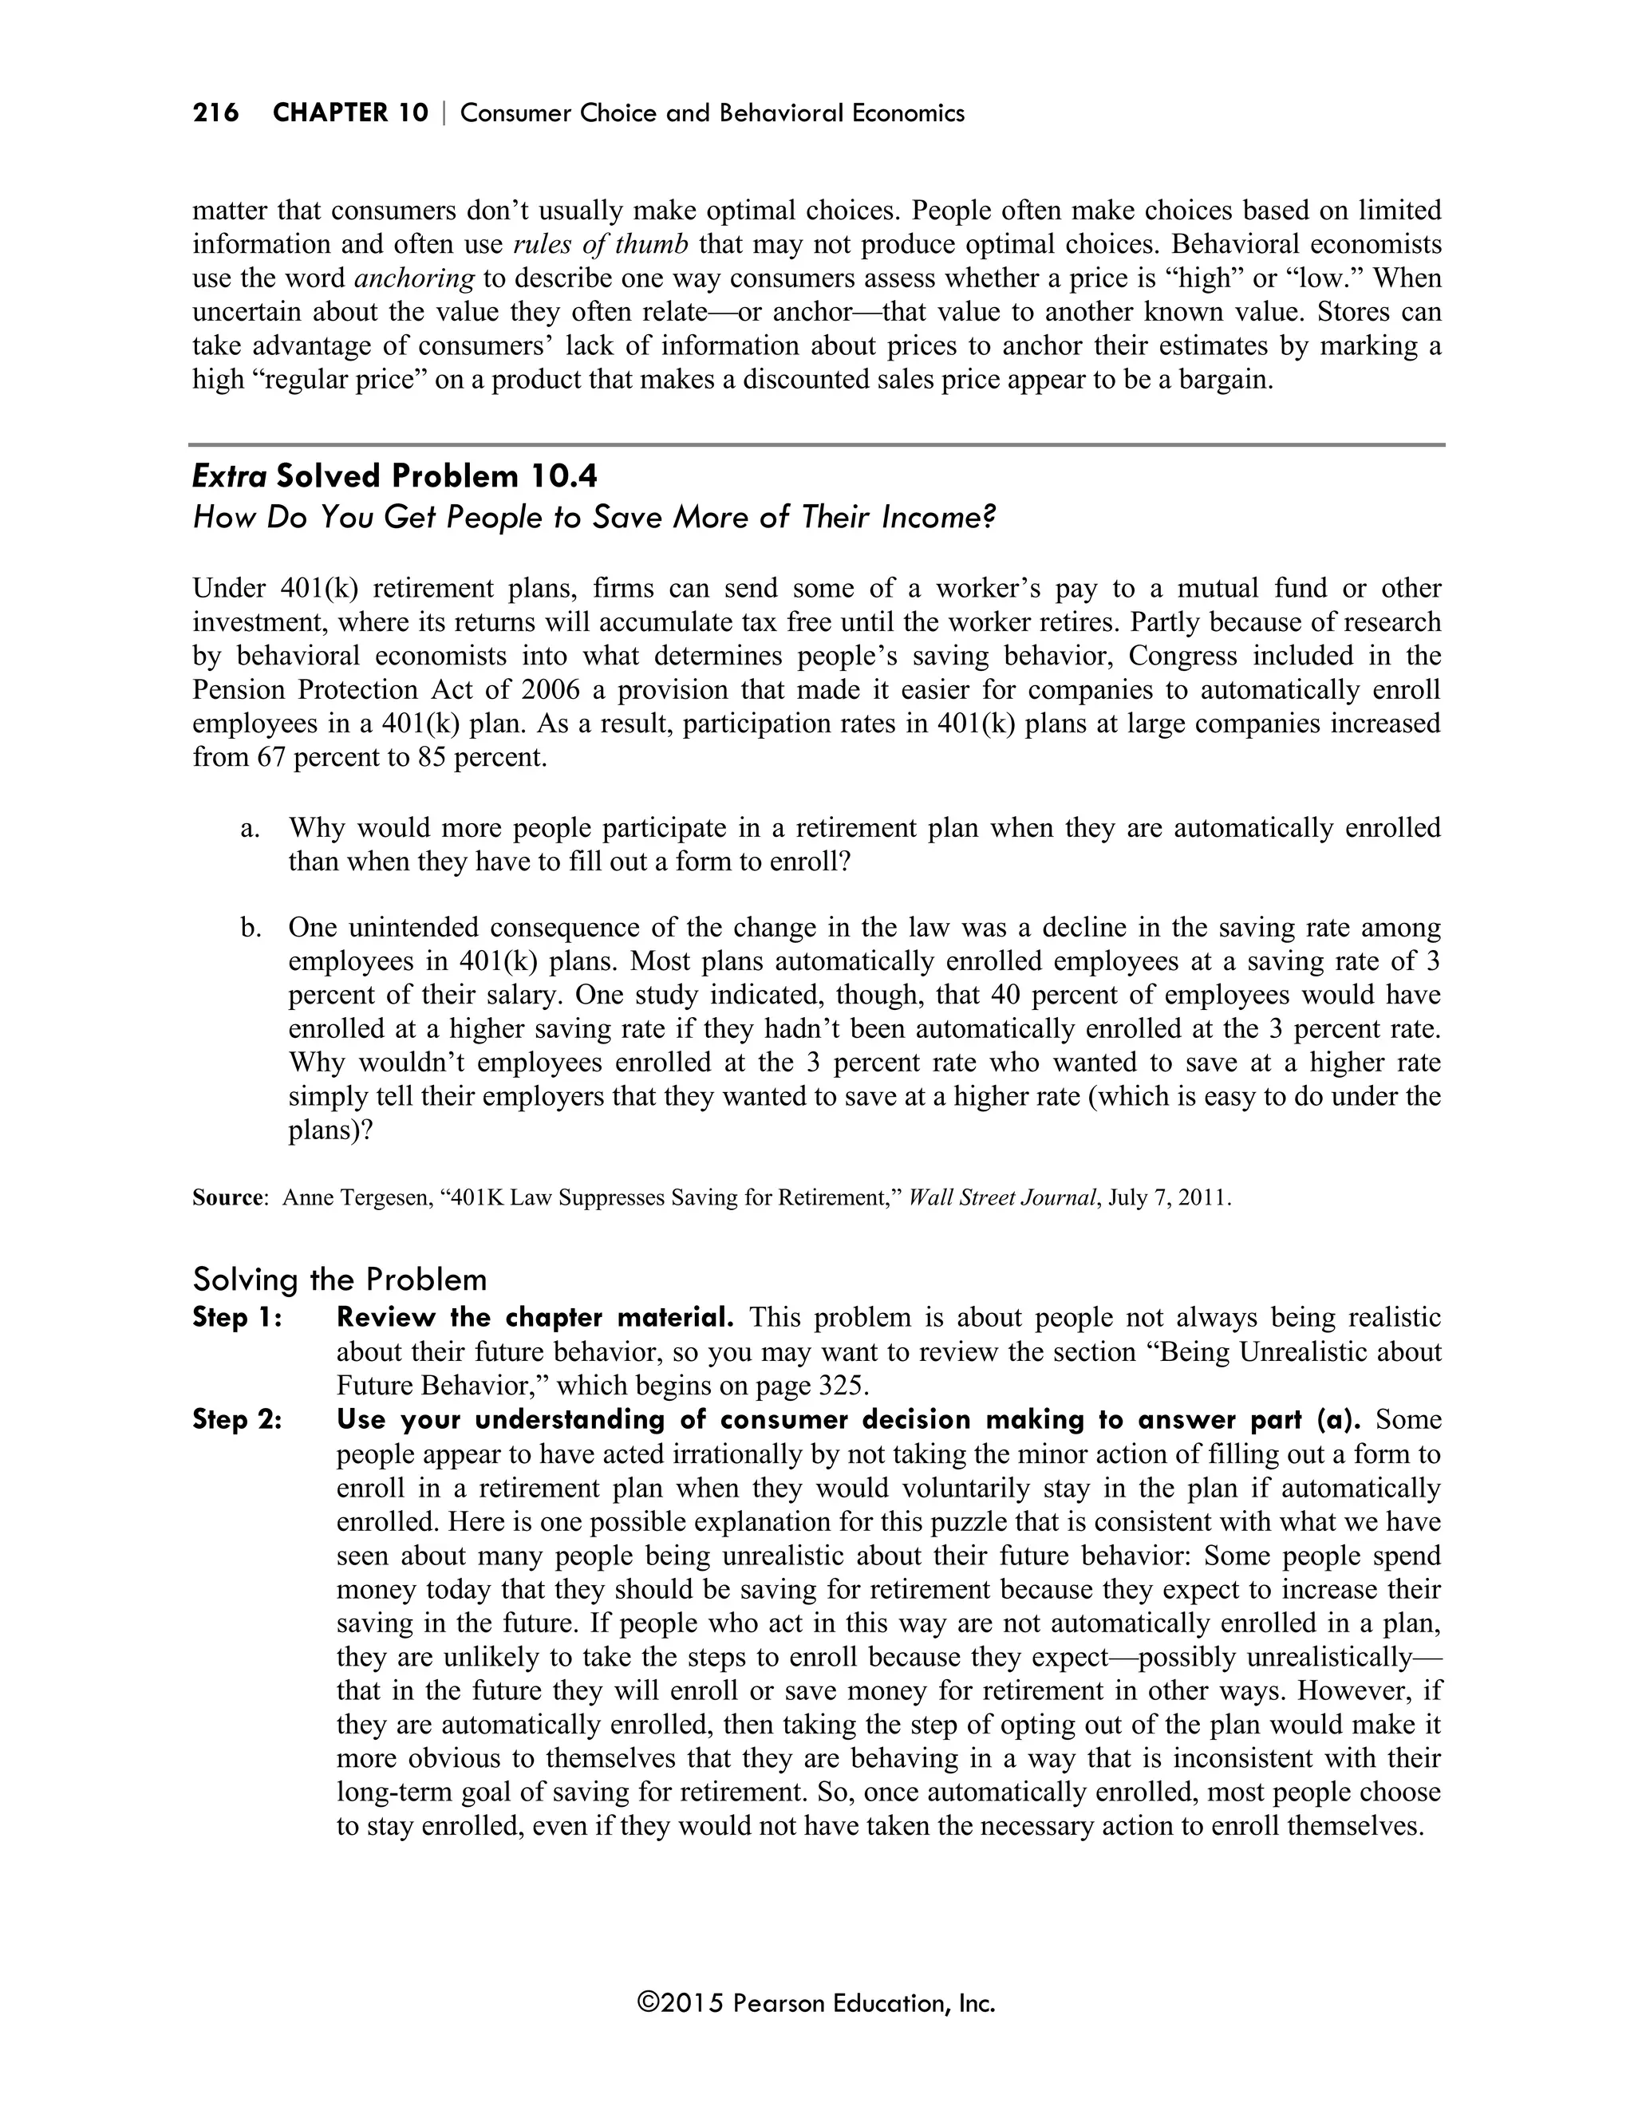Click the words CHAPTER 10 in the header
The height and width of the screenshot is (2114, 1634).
[349, 113]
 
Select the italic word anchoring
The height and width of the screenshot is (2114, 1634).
[414, 278]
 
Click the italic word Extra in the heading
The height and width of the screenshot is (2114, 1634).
[231, 476]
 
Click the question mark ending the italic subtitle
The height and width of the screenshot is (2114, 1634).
[989, 518]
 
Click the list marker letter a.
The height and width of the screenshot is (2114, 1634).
[250, 829]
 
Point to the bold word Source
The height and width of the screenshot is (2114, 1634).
[227, 1198]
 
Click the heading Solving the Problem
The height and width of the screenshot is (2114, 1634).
[340, 1280]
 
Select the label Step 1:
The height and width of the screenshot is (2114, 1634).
[237, 1319]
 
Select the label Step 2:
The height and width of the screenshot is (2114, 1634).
[237, 1420]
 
